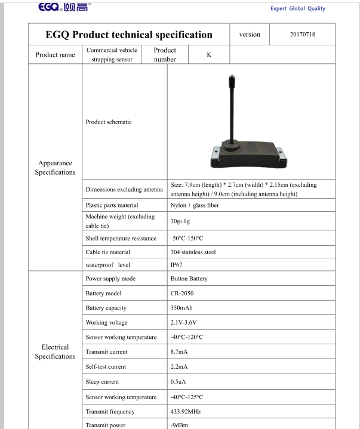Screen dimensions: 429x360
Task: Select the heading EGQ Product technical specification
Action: (x=129, y=35)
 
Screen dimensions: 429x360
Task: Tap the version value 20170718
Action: (x=302, y=34)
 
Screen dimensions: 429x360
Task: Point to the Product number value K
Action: (x=209, y=54)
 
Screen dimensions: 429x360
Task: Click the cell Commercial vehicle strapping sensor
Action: (x=112, y=54)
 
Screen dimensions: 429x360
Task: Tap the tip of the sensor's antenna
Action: (x=231, y=77)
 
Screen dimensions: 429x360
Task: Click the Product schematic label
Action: (x=109, y=122)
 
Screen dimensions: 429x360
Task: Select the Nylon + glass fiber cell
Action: (x=195, y=205)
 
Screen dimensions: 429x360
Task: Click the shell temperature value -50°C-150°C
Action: (x=187, y=238)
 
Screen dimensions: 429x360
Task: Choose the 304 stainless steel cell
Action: (x=193, y=252)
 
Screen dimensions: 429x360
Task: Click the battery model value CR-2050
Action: (x=182, y=294)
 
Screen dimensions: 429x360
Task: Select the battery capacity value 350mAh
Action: (x=181, y=308)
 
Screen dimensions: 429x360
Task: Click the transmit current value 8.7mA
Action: (x=179, y=352)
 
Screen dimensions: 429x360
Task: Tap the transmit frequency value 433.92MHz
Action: (x=186, y=412)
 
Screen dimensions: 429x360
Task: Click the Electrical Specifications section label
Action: (x=55, y=351)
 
